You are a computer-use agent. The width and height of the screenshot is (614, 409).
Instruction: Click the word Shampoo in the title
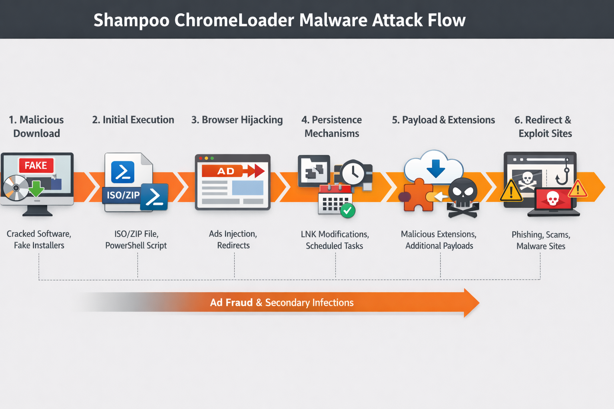coord(132,20)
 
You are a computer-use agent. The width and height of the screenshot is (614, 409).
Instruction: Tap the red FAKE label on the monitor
coord(36,165)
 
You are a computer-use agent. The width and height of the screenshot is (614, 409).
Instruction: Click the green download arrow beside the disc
coord(36,188)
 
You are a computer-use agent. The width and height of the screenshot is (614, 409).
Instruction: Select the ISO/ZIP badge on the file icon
coord(123,195)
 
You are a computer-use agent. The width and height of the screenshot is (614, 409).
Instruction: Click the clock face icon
coord(353,173)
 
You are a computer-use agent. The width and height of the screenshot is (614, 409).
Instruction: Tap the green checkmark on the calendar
coord(347,210)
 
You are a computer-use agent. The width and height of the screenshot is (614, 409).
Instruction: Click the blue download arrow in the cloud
coord(436,168)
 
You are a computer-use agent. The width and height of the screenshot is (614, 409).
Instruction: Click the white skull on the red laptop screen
coord(552,198)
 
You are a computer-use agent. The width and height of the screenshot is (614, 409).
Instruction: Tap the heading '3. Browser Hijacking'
coord(237,120)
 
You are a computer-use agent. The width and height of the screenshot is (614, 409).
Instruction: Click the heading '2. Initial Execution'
coord(133,120)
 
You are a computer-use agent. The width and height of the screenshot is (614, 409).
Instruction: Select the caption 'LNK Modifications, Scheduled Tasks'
coord(335,240)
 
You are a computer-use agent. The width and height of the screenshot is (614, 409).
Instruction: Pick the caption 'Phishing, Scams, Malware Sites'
coord(541,240)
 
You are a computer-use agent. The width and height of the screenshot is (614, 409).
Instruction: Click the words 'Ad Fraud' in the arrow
coord(231,303)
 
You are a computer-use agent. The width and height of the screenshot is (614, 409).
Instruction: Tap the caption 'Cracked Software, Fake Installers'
coord(39,240)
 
